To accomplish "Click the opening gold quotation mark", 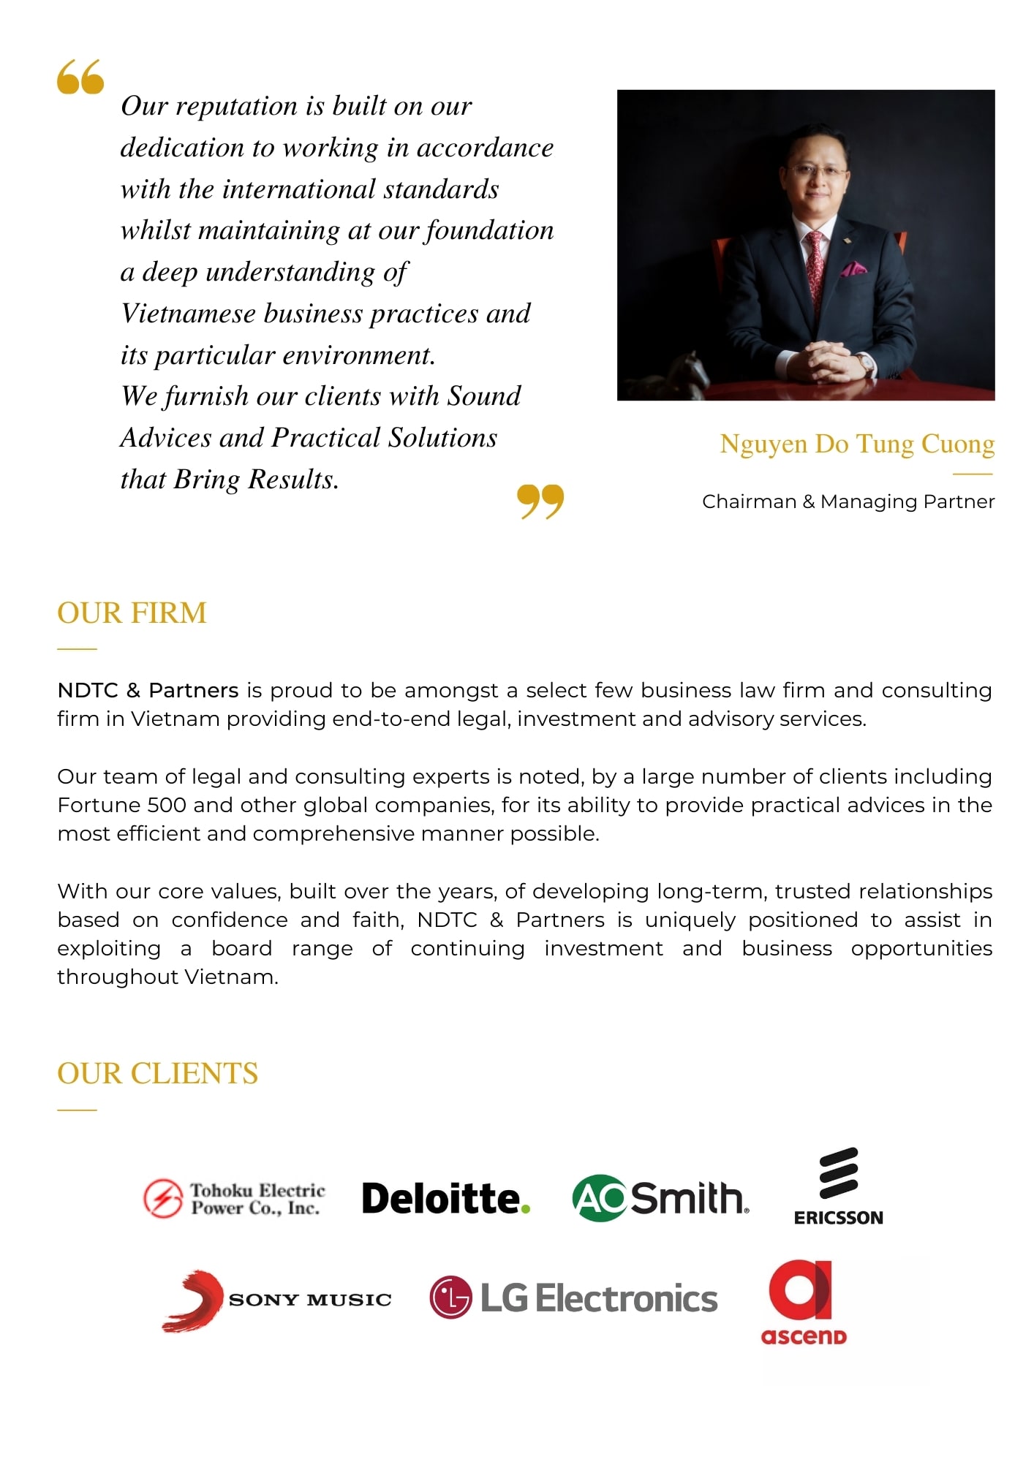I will click(x=80, y=77).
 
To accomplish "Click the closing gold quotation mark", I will click(x=540, y=501).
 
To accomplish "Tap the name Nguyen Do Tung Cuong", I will click(x=857, y=444).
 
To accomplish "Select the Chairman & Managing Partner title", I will click(x=848, y=501).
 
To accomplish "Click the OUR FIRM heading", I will click(x=132, y=613).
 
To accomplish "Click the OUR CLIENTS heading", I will click(x=157, y=1073).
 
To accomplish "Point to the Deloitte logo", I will click(x=445, y=1199).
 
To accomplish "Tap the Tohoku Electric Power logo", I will click(x=234, y=1199).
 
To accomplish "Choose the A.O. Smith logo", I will click(x=660, y=1198).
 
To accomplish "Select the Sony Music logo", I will click(x=276, y=1300).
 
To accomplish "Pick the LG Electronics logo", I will click(x=574, y=1298).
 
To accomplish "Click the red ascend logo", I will click(x=803, y=1303).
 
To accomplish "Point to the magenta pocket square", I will click(x=853, y=269).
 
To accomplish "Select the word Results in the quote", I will click(x=293, y=480).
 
